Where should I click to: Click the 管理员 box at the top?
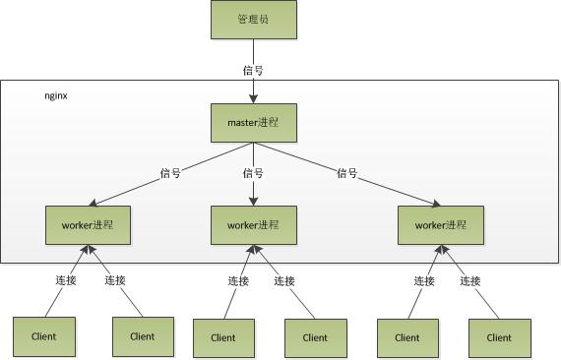pyautogui.click(x=253, y=20)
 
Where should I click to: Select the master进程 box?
pyautogui.click(x=253, y=122)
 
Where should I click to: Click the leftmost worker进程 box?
pyautogui.click(x=88, y=225)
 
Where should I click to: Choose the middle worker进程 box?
pyautogui.click(x=253, y=225)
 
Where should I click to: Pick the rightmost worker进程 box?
pyautogui.click(x=439, y=225)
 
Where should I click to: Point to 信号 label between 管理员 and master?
pyautogui.click(x=253, y=70)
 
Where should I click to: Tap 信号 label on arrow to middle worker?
pyautogui.click(x=253, y=173)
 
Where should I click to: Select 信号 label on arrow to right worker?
pyautogui.click(x=346, y=173)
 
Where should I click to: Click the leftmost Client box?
pyautogui.click(x=43, y=336)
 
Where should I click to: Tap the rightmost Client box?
pyautogui.click(x=498, y=336)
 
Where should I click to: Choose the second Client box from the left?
pyautogui.click(x=143, y=336)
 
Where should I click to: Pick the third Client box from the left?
pyautogui.click(x=223, y=336)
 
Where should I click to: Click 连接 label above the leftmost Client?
pyautogui.click(x=65, y=280)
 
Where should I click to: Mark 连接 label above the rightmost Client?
pyautogui.click(x=470, y=280)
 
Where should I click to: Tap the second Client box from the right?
pyautogui.click(x=406, y=336)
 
